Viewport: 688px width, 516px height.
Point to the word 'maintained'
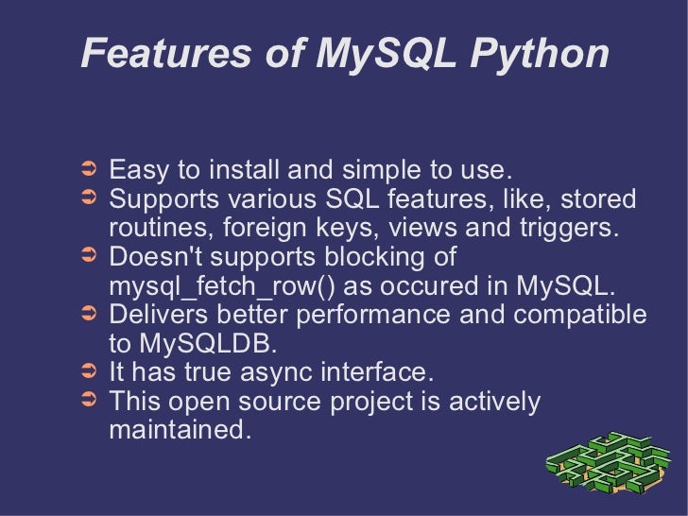pyautogui.click(x=181, y=431)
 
